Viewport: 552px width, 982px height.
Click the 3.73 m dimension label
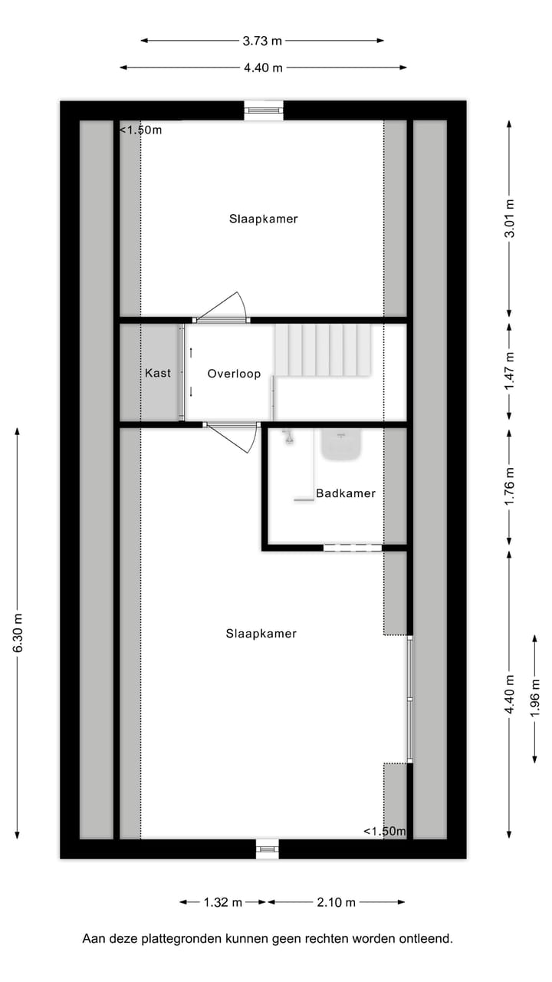click(262, 41)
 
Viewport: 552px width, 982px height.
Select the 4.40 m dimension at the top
click(263, 68)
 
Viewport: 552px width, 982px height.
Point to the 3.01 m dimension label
click(510, 219)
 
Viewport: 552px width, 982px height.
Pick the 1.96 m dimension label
click(535, 697)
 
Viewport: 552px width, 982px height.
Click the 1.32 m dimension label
click(223, 902)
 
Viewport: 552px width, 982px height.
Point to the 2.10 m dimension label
click(336, 902)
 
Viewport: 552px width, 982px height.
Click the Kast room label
click(158, 373)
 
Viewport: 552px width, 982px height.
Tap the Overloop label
click(234, 374)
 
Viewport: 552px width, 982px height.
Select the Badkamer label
click(346, 493)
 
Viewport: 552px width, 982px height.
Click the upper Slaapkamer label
click(263, 219)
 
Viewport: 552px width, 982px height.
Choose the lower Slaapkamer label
click(261, 634)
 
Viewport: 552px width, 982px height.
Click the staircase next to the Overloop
click(323, 350)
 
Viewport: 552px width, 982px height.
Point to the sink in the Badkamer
click(341, 445)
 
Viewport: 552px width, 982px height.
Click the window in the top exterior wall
click(264, 110)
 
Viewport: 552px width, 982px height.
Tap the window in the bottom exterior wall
click(268, 849)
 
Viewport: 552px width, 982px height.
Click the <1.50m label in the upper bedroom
click(141, 130)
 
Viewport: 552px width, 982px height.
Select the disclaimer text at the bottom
click(268, 938)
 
